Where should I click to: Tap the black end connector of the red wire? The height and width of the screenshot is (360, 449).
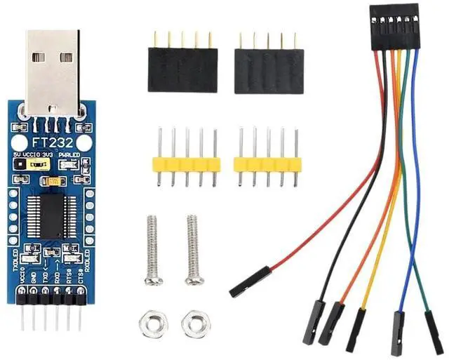[249, 280]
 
